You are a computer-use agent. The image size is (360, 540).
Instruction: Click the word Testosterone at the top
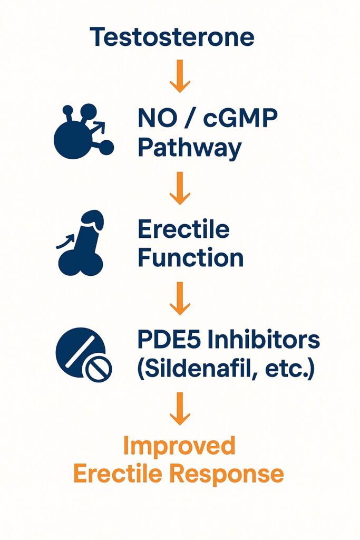click(x=172, y=37)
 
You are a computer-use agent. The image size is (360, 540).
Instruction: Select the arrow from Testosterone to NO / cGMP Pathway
click(x=180, y=76)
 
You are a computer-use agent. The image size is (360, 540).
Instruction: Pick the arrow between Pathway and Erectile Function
click(x=180, y=188)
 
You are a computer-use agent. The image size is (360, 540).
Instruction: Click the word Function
click(x=191, y=257)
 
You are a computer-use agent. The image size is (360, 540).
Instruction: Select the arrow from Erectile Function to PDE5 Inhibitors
click(x=180, y=298)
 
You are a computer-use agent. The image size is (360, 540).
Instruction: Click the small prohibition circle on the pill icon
click(x=99, y=370)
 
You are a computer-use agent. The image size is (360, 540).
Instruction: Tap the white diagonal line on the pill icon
click(x=80, y=352)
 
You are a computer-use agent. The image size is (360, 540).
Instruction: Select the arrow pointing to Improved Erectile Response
click(x=180, y=409)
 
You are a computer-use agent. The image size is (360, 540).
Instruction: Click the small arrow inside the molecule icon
click(x=98, y=128)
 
